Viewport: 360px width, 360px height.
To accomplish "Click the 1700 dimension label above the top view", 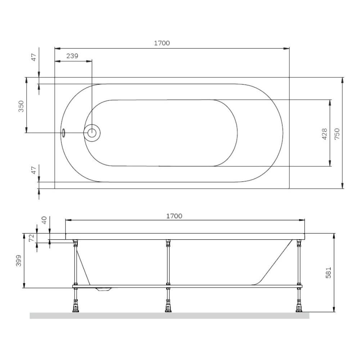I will [162, 43].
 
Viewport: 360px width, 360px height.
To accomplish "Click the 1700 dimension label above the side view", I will [174, 216].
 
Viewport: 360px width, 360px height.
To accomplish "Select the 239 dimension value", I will [72, 56].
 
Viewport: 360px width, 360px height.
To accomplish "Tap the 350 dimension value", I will [21, 106].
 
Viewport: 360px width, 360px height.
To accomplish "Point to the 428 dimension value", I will [324, 134].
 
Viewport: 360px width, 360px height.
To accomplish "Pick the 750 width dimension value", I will [337, 134].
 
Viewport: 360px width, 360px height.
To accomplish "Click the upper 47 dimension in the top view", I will [33, 58].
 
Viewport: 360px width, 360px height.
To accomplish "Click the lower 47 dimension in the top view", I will [33, 170].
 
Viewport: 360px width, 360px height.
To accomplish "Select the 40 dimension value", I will [44, 220].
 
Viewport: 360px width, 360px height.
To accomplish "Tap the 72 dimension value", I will [31, 237].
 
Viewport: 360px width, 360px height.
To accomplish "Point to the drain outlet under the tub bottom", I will [104, 289].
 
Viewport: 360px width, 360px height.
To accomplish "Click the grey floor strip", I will [169, 316].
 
